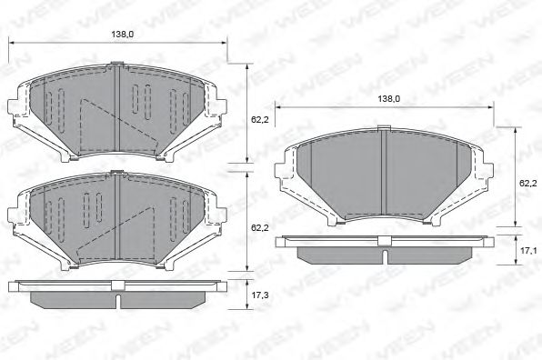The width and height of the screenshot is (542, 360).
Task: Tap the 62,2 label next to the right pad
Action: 527,183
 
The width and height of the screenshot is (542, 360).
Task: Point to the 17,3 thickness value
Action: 259,295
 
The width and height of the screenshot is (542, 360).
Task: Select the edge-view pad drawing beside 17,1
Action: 385,247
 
